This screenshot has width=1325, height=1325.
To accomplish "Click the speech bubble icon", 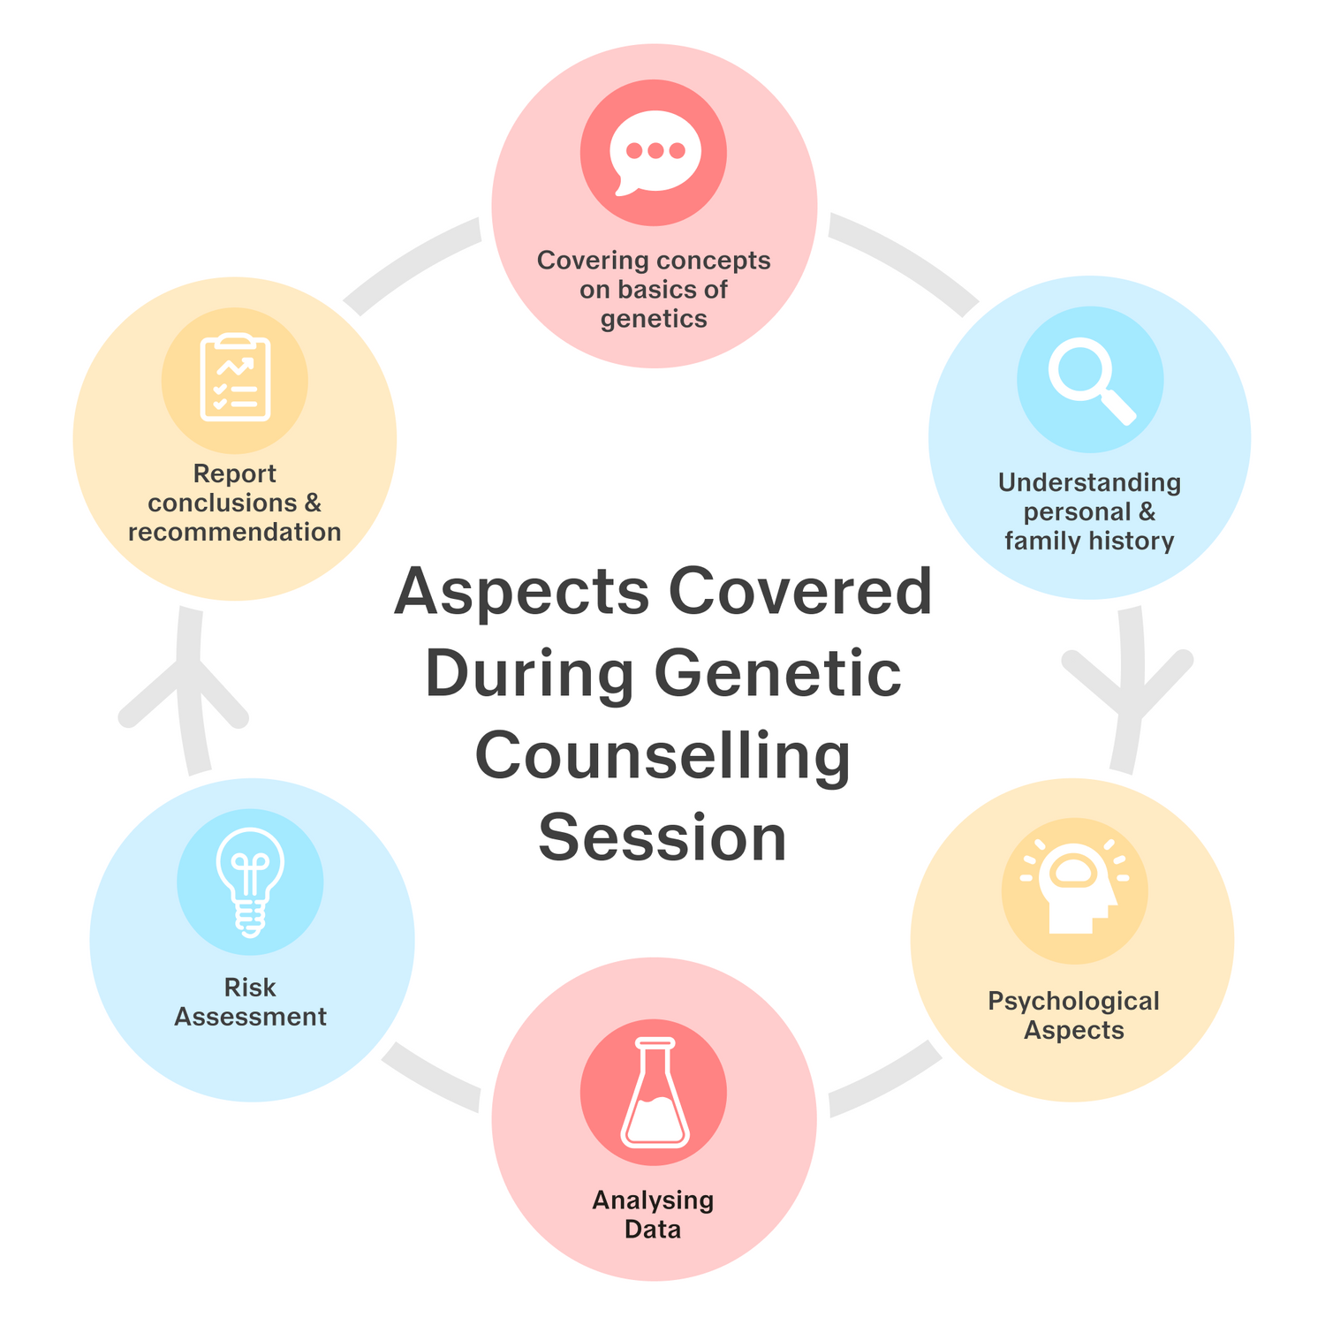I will pyautogui.click(x=654, y=152).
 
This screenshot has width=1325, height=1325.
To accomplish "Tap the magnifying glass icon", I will pyautogui.click(x=1090, y=381).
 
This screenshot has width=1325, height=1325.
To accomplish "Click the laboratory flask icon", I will pyautogui.click(x=654, y=1093).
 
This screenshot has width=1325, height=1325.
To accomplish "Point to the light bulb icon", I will pyautogui.click(x=250, y=881).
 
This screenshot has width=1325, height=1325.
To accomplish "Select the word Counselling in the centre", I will pyautogui.click(x=662, y=756).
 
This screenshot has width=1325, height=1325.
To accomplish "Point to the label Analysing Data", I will pyautogui.click(x=653, y=1215).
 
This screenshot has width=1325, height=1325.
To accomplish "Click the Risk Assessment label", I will pyautogui.click(x=250, y=1002).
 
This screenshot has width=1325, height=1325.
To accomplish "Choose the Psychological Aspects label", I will pyautogui.click(x=1073, y=1015).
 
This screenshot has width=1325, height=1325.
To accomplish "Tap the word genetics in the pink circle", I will pyautogui.click(x=654, y=319).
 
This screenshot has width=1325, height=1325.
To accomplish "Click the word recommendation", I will pyautogui.click(x=235, y=532).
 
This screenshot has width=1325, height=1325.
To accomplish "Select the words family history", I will pyautogui.click(x=1089, y=541).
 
